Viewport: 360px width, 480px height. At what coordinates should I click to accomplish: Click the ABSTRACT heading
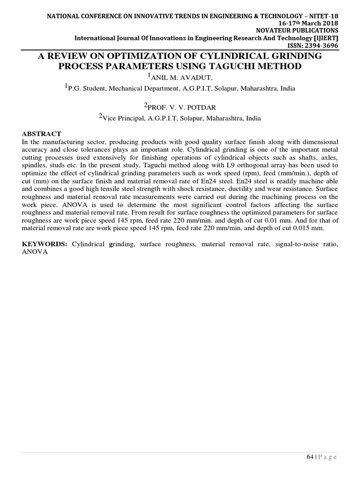[41, 134]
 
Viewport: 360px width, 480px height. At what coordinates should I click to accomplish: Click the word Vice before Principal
[112, 119]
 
